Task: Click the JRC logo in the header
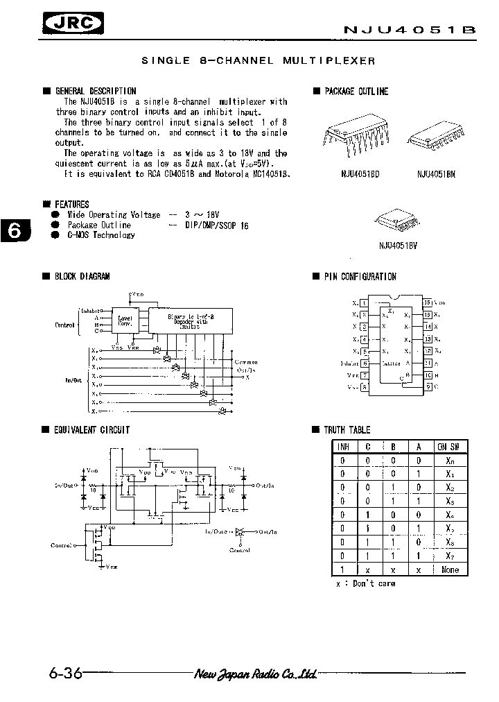(71, 26)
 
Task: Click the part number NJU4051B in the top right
(410, 31)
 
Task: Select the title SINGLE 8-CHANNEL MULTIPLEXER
(258, 61)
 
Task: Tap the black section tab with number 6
(15, 230)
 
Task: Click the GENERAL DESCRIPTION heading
(95, 91)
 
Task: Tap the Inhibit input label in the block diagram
(91, 310)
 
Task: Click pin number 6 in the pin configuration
(365, 363)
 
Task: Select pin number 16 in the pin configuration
(428, 302)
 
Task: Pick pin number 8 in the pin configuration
(365, 387)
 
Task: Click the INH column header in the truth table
(342, 446)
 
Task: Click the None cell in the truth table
(450, 570)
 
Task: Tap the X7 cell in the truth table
(450, 556)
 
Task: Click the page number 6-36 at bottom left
(66, 674)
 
